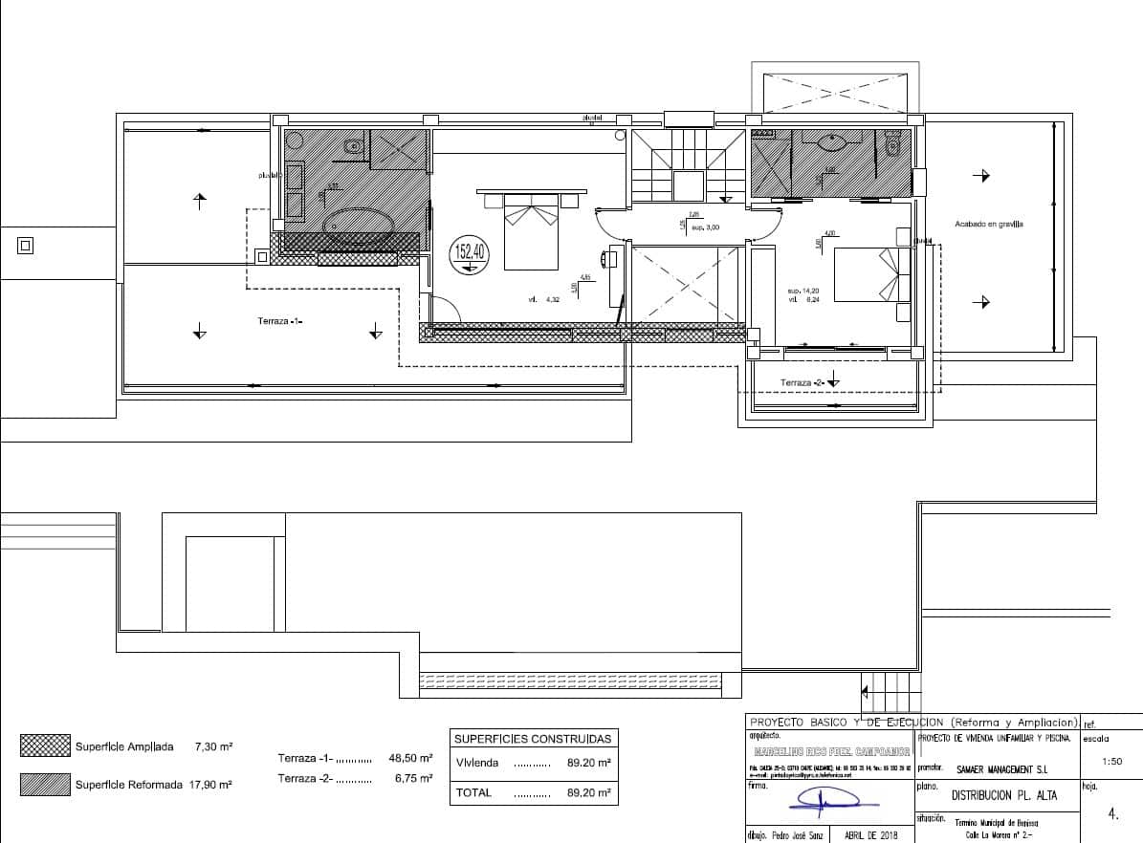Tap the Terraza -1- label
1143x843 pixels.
pos(279,321)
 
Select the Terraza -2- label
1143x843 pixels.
pos(802,382)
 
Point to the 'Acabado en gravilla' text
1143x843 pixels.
pos(988,225)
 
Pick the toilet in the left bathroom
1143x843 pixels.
pos(353,147)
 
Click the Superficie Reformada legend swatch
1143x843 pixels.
pos(45,784)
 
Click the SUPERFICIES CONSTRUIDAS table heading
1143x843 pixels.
pos(532,739)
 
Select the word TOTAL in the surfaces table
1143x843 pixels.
pos(474,792)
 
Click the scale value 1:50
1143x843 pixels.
pos(1111,762)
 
